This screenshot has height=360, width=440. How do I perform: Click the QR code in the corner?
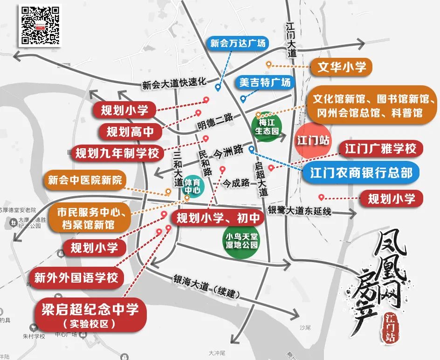(40, 25)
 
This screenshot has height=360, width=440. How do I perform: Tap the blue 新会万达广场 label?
(238, 43)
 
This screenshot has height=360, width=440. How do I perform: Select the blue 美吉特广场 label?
(265, 83)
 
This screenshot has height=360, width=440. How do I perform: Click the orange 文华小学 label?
(342, 67)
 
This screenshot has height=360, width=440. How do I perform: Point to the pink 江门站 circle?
(313, 140)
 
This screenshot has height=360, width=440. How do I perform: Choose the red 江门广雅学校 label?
(380, 149)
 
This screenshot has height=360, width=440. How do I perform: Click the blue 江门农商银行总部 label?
(361, 172)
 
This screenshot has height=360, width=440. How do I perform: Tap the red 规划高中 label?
(130, 132)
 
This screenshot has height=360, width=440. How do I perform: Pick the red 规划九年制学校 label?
(117, 152)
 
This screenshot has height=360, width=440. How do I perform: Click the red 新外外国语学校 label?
(76, 278)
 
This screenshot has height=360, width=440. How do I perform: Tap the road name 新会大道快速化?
(174, 83)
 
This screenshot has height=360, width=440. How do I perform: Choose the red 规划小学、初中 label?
(216, 216)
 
